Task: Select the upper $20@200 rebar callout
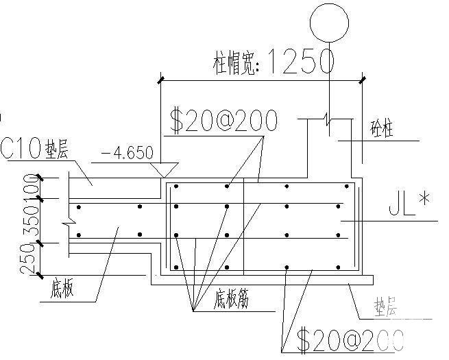point(223,121)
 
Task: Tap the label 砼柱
point(380,130)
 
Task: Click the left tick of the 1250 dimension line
point(161,80)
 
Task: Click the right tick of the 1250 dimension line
point(362,80)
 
